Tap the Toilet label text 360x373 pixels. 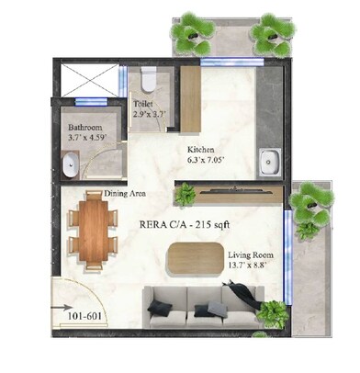click(143, 104)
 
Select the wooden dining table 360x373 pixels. click(94, 230)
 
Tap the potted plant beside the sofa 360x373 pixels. click(271, 313)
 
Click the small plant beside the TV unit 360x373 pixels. click(186, 195)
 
